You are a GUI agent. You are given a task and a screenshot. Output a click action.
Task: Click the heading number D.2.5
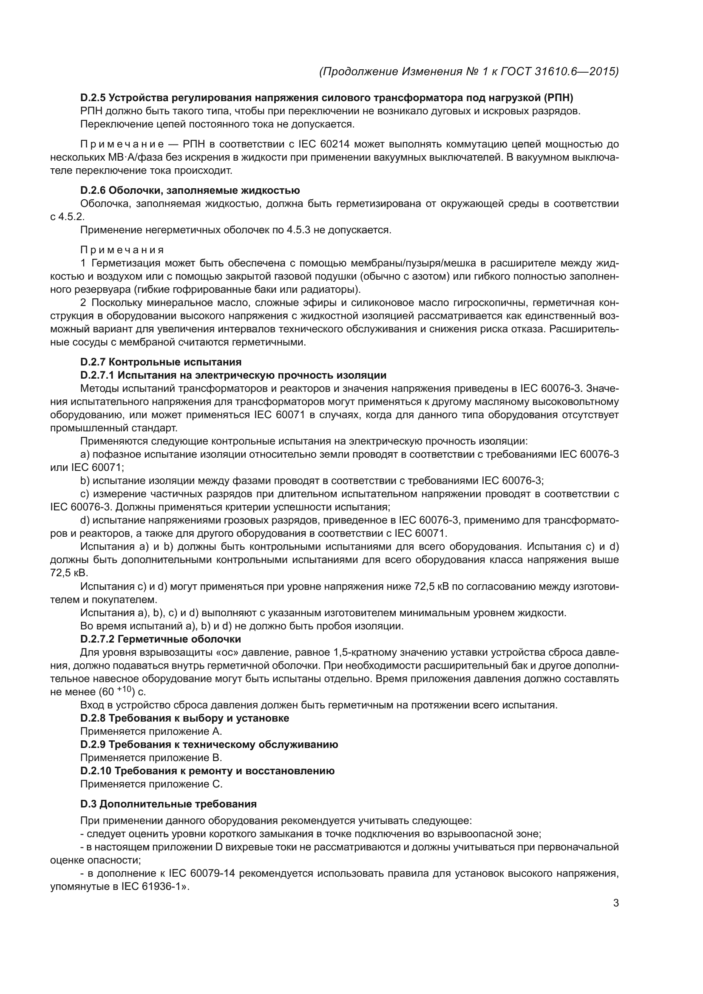pyautogui.click(x=93, y=98)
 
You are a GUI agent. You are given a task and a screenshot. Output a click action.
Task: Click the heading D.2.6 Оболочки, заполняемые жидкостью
pyautogui.click(x=190, y=190)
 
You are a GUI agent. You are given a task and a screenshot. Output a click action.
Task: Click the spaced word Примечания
pyautogui.click(x=122, y=250)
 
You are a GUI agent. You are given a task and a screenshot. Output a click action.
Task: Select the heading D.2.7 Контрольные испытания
pyautogui.click(x=161, y=362)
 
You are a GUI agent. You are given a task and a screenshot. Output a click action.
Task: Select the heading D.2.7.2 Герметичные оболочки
pyautogui.click(x=161, y=639)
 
